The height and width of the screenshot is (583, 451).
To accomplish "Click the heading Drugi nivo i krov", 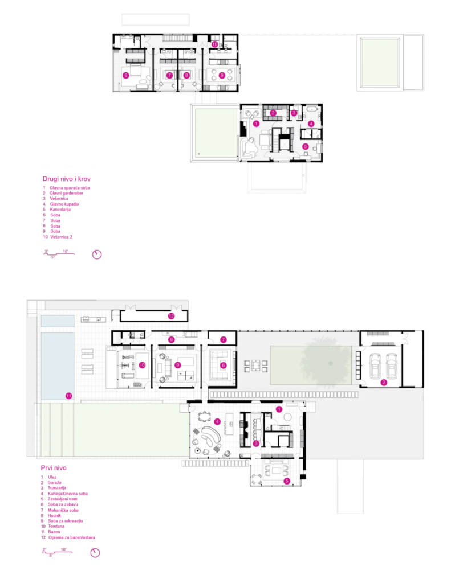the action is [x=66, y=179].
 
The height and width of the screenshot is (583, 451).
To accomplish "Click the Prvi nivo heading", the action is [x=54, y=468].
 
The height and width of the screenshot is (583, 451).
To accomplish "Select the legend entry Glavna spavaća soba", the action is [x=70, y=188].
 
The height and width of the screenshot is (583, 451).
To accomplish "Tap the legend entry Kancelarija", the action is [x=60, y=210].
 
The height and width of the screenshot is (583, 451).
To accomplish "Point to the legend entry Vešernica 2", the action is [x=61, y=236].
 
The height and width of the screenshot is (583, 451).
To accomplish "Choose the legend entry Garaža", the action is [x=54, y=482].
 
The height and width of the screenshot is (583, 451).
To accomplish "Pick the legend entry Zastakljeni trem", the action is [x=63, y=499].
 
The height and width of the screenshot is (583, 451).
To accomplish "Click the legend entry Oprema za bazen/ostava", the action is [x=71, y=537].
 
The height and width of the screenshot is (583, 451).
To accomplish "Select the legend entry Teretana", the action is [x=56, y=526].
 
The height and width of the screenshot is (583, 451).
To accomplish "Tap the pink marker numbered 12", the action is [x=171, y=316].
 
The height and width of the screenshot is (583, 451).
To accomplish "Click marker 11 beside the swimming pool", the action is [x=68, y=396].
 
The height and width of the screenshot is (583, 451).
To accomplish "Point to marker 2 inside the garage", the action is [x=384, y=382].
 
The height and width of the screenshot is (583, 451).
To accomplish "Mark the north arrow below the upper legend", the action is [x=97, y=254].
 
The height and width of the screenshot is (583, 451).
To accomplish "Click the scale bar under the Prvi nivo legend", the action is [x=57, y=552].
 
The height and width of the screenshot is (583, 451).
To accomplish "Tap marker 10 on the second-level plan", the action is [x=214, y=44].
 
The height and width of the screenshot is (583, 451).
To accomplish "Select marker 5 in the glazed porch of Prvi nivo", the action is [x=286, y=481].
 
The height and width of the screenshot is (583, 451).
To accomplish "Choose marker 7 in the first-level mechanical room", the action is [x=223, y=339].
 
